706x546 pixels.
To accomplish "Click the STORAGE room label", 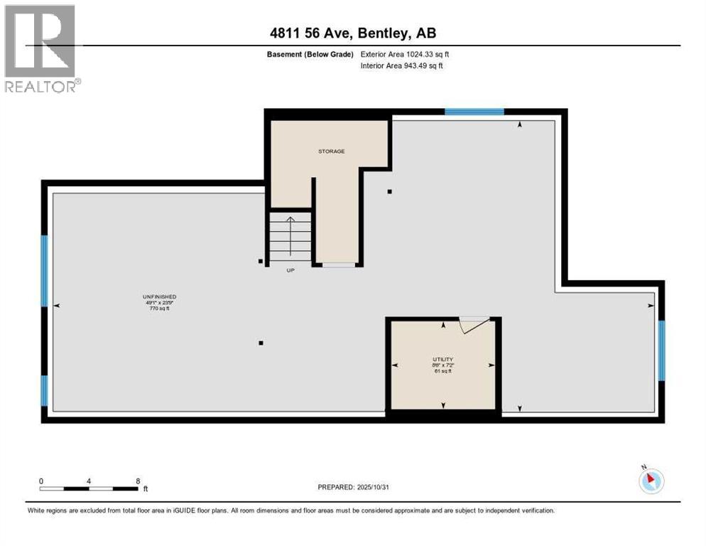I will tap(331, 151).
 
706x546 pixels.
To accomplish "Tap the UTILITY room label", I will tap(443, 360).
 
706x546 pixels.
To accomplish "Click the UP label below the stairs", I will tap(290, 270).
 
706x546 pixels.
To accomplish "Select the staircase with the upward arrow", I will tap(290, 237).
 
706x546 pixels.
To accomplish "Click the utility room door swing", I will tap(473, 324).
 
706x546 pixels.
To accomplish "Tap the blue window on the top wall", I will tap(474, 112).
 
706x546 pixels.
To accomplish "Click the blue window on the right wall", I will tap(661, 350).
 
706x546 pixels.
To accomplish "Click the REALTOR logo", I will tap(41, 48).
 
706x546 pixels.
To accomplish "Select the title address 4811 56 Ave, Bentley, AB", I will tap(352, 33).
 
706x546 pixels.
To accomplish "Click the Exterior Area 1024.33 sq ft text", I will tap(405, 54).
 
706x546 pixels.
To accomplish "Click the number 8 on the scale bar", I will tap(136, 481).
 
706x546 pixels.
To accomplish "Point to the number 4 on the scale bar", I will tap(89, 481).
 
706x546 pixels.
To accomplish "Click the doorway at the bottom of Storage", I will tap(338, 265).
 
